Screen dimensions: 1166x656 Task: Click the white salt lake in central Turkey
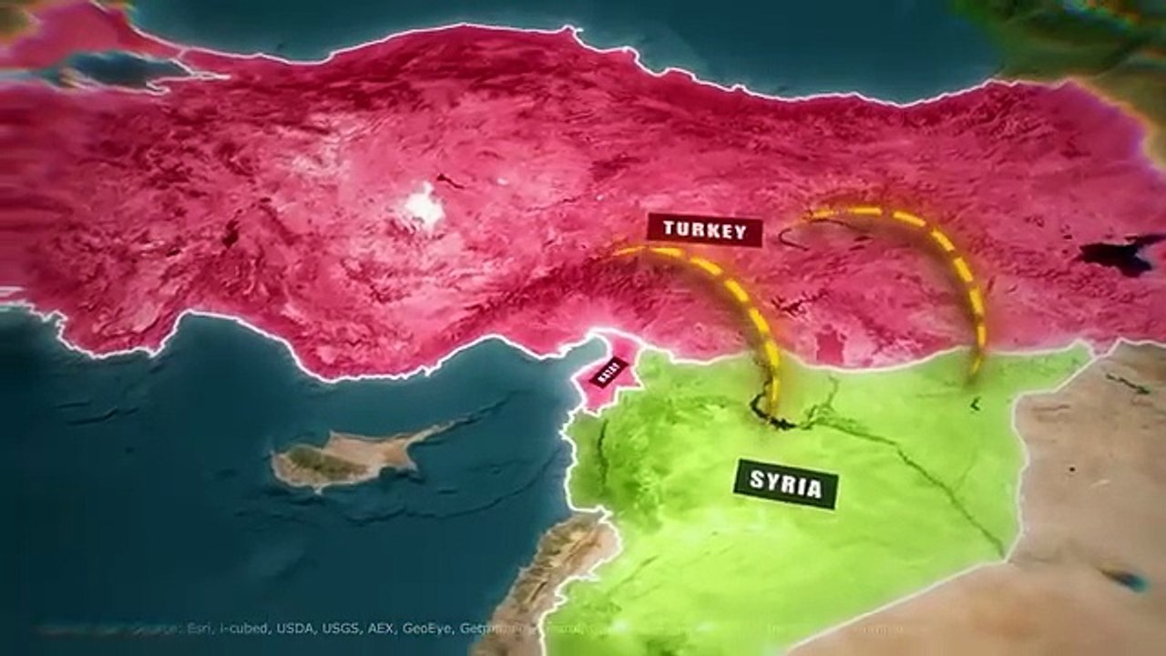pos(424,205)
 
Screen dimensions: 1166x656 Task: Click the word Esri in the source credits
pos(197,628)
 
